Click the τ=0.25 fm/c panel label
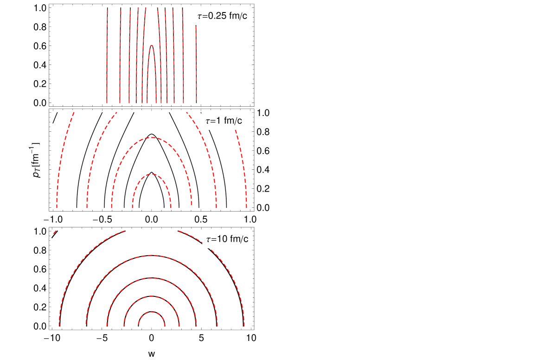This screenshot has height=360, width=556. point(222,16)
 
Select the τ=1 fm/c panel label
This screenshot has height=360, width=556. point(224,121)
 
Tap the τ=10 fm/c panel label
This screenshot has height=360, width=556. point(227,239)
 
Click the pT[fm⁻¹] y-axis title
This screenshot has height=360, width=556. point(35,160)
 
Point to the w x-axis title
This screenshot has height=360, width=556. point(152,354)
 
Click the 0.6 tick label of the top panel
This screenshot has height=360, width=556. point(40,46)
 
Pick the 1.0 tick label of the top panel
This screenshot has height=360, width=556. point(40,8)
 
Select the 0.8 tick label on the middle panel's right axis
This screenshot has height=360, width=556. point(263,132)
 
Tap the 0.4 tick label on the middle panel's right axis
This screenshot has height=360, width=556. point(263,170)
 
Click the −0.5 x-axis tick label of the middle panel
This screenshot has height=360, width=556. point(102,219)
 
